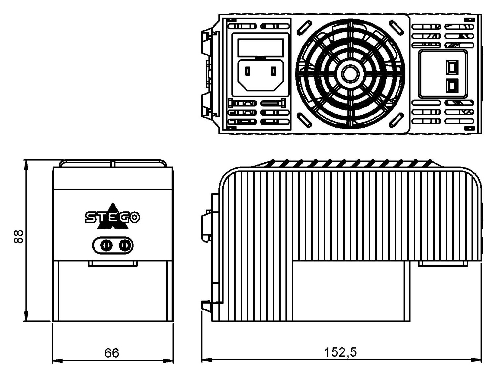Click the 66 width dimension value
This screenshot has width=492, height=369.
(x=112, y=353)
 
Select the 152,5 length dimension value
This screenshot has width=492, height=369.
(x=340, y=352)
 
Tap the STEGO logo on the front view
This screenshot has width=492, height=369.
(x=113, y=217)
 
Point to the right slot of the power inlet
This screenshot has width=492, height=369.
(x=273, y=71)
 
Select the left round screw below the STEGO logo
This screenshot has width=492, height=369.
(x=106, y=246)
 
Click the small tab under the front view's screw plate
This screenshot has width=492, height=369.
(x=113, y=263)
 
